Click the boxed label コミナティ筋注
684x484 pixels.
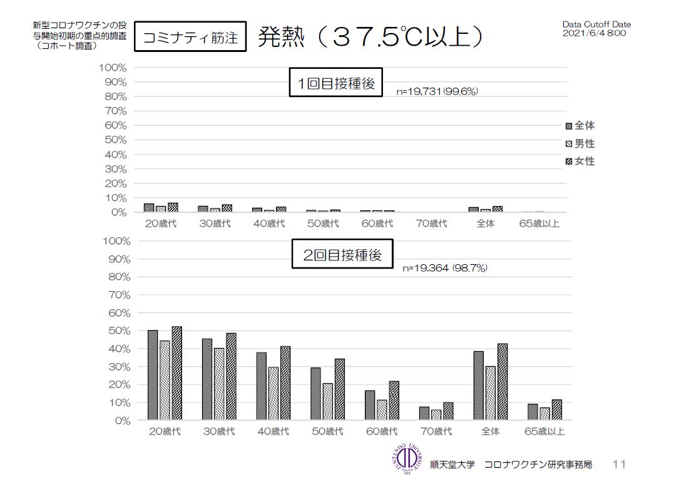pyautogui.click(x=190, y=38)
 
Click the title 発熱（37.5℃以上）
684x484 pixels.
pyautogui.click(x=370, y=37)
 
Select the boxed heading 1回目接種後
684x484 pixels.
pyautogui.click(x=335, y=83)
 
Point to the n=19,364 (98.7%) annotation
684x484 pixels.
pyautogui.click(x=444, y=268)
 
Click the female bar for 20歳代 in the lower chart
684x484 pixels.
pyautogui.click(x=176, y=373)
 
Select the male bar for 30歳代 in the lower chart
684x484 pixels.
pyautogui.click(x=219, y=383)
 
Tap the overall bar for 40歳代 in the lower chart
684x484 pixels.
pyautogui.click(x=261, y=386)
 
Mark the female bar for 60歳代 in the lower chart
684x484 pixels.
pyautogui.click(x=394, y=400)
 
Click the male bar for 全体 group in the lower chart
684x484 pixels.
pyautogui.click(x=491, y=393)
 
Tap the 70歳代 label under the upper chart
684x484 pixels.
pyautogui.click(x=432, y=224)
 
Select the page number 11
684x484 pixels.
pyautogui.click(x=619, y=464)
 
